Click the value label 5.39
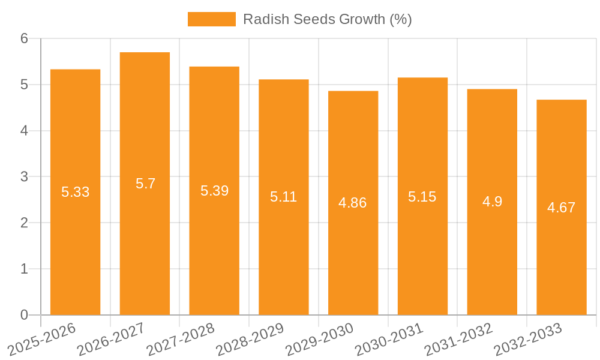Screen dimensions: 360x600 (x=214, y=191)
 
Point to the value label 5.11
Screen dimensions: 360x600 (x=283, y=197)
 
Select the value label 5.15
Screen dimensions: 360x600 (x=422, y=197)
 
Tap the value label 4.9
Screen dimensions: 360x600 (x=492, y=202)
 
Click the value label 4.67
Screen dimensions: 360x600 (x=561, y=208)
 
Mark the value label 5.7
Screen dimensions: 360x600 (x=145, y=184)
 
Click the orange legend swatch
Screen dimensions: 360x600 (x=211, y=19)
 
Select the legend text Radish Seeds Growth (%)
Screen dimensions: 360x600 (x=327, y=19)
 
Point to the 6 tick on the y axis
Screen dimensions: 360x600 (x=25, y=38)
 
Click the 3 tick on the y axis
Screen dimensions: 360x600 (x=25, y=176)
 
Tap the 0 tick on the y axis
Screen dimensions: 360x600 (x=25, y=315)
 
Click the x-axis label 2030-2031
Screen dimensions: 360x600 (x=389, y=339)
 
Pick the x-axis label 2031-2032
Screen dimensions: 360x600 (x=458, y=339)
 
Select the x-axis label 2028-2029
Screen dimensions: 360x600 (x=250, y=339)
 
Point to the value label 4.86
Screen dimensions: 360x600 (x=352, y=203)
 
